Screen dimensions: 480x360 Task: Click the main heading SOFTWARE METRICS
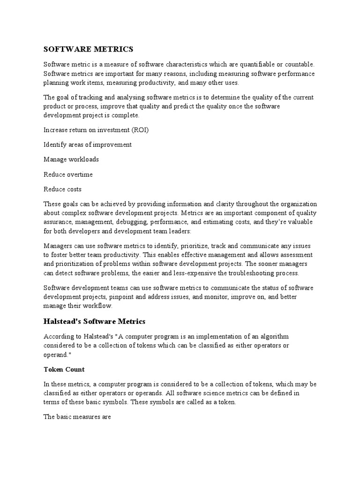pos(89,49)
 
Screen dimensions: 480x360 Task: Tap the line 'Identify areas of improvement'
pos(88,144)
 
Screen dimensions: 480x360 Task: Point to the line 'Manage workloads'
pos(71,159)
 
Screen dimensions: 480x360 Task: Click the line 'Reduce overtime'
pos(68,174)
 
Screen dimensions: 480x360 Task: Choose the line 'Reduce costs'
pos(62,189)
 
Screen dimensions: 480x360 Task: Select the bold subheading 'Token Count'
pos(64,369)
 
